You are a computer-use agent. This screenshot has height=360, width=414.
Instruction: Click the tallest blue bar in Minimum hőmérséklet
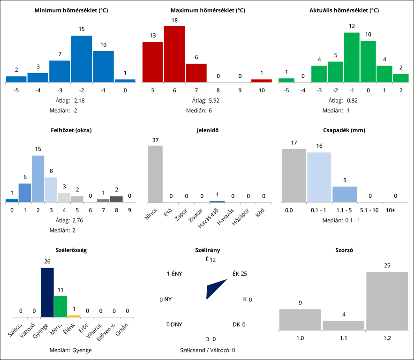point(82,59)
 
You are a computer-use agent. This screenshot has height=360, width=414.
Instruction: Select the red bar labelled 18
point(174,54)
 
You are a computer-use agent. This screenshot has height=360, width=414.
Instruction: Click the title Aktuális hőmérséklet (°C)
point(344,10)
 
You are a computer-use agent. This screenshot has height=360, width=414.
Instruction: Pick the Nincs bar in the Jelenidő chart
point(155,174)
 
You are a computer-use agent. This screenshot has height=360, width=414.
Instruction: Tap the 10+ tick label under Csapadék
point(390,211)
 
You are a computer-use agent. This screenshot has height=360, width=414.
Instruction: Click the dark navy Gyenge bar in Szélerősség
point(47,292)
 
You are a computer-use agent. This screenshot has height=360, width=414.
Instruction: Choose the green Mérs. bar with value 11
point(60,307)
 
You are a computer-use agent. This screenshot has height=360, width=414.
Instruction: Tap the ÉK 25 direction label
point(240,274)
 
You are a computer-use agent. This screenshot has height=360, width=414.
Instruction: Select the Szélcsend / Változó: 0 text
point(208,350)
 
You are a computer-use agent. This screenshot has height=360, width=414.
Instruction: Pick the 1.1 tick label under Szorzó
point(344,337)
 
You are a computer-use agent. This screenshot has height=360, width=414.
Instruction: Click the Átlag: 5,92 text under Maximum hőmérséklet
point(207,100)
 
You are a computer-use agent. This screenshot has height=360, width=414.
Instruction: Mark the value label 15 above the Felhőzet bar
point(38,149)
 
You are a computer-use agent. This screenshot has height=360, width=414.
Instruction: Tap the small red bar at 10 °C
point(261,81)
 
